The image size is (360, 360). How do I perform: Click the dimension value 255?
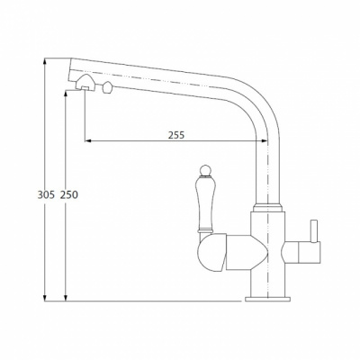pyautogui.click(x=176, y=135)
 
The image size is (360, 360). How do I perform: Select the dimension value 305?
pyautogui.click(x=46, y=195)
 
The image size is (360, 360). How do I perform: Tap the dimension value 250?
pyautogui.click(x=69, y=195)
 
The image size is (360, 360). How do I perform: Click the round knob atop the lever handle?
pyautogui.click(x=205, y=170)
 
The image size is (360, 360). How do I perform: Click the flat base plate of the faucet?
pyautogui.click(x=267, y=299)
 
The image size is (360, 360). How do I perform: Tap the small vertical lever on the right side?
pyautogui.click(x=314, y=231)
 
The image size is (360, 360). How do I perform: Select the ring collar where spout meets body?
pyautogui.click(x=267, y=208)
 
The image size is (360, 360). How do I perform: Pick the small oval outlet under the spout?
pyautogui.click(x=107, y=87)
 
